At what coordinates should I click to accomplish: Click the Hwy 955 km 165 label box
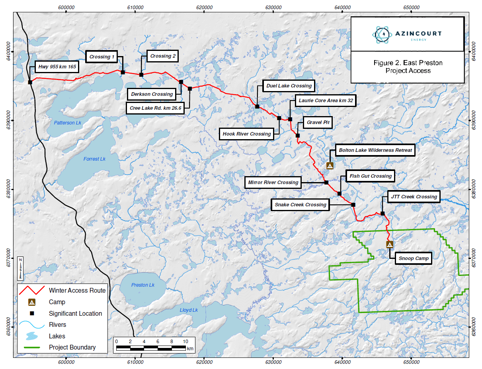tap(57, 67)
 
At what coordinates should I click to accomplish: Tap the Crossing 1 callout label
tap(101, 57)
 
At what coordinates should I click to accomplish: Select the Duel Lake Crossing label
tap(289, 86)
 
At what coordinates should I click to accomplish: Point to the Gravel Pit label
tap(318, 122)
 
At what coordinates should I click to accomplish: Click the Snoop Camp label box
tap(414, 258)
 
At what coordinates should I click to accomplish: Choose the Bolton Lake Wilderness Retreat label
tap(375, 150)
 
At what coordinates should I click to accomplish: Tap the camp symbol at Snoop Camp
tap(390, 245)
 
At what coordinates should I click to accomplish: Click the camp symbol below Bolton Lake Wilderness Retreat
tap(330, 166)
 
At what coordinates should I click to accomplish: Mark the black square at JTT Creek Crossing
tap(382, 214)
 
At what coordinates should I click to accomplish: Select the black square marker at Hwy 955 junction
tap(30, 82)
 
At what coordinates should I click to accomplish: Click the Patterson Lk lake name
tap(67, 123)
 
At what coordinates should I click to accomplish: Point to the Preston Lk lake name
tap(142, 285)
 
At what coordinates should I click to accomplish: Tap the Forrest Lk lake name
tap(94, 159)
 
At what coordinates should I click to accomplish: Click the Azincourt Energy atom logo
tap(382, 35)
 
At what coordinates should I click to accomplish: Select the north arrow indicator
tap(20, 268)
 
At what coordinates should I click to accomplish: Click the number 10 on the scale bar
tap(185, 341)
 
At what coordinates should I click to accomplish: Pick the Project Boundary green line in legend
tap(32, 347)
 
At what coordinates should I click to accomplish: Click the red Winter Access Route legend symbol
tap(32, 290)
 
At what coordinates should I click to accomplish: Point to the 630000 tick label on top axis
tap(273, 7)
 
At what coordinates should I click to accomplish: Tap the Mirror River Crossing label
tap(273, 182)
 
